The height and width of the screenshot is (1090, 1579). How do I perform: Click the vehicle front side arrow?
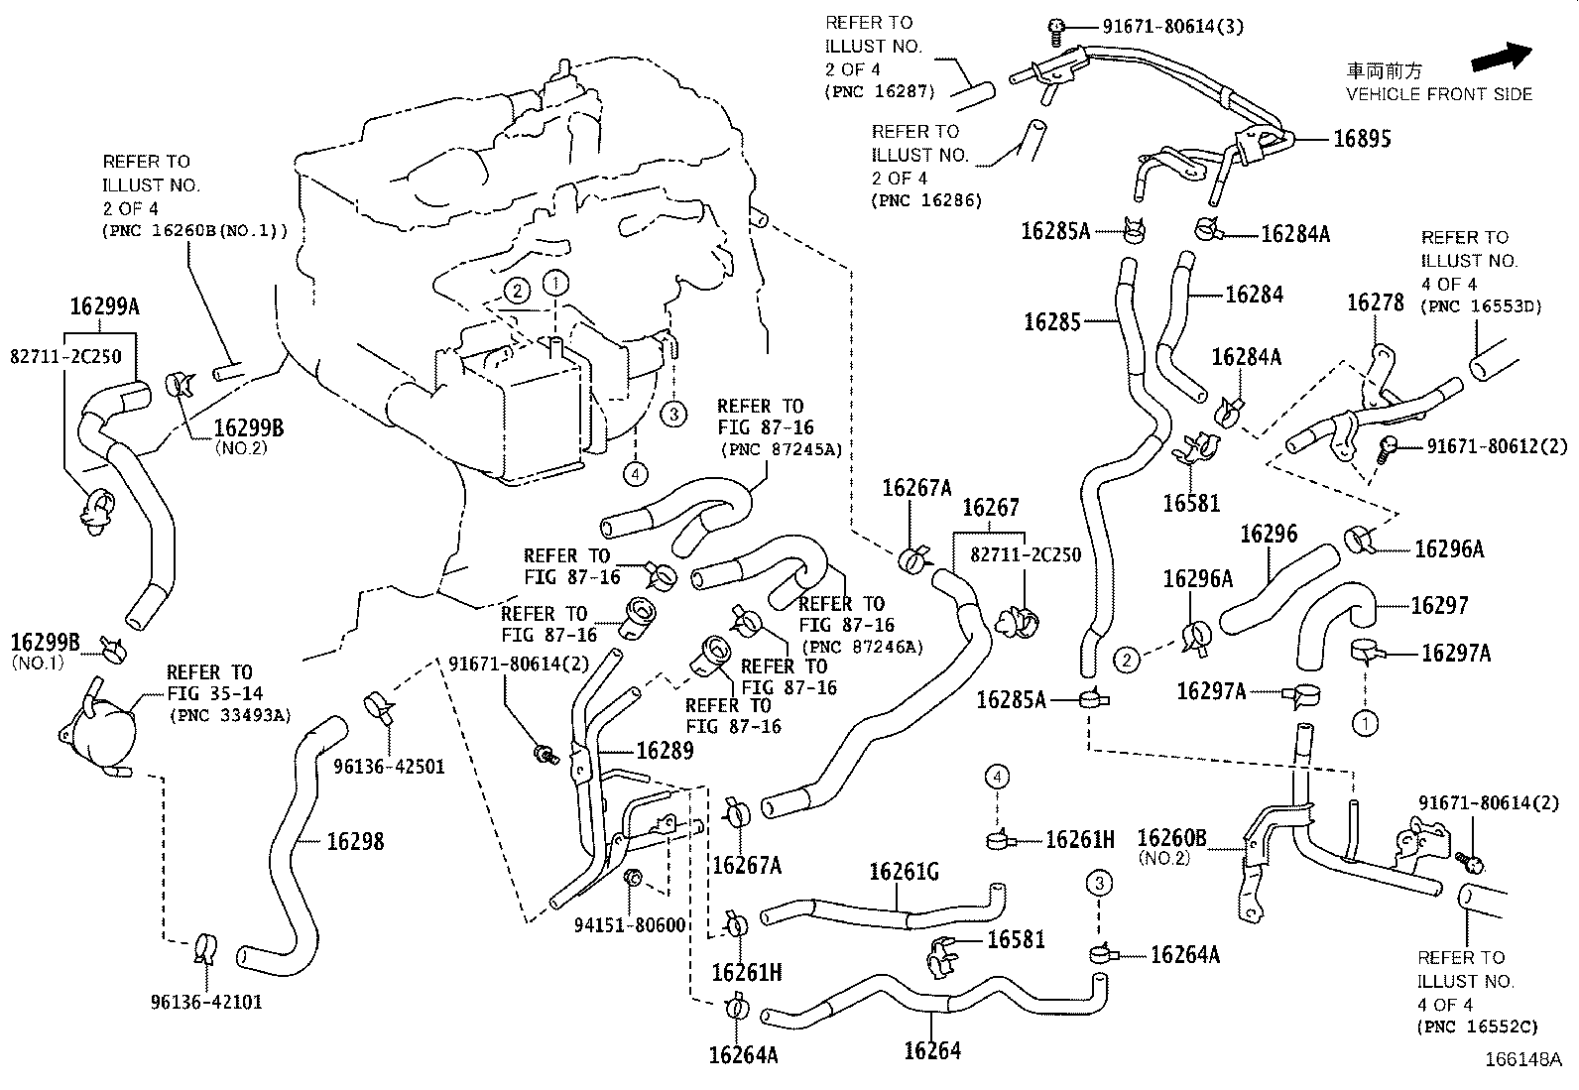pos(1502,57)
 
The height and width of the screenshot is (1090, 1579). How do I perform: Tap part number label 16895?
pos(1362,139)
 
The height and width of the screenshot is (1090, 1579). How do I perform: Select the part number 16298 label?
pos(355,841)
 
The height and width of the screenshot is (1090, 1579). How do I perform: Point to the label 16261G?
pos(904,872)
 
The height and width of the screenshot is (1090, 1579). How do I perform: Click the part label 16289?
pos(665,751)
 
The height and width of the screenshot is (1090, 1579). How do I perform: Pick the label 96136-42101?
pos(206,1002)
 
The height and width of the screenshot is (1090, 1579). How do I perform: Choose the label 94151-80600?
pos(630,924)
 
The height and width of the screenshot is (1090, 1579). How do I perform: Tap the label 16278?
pos(1375,303)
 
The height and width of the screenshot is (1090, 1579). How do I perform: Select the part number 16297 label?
pos(1439,605)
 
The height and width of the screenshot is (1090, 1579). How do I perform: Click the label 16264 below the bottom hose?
pos(932,1050)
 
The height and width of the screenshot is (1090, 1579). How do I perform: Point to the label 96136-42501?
pos(389,766)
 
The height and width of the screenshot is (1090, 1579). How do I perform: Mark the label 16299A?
pos(104,306)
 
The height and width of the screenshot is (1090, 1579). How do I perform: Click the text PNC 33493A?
pos(230,715)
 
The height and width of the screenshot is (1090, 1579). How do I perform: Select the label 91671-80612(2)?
pos(1498,446)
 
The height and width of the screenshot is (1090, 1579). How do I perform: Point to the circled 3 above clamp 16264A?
pos(1098,883)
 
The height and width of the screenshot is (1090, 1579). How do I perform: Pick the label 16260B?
pos(1171,839)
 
